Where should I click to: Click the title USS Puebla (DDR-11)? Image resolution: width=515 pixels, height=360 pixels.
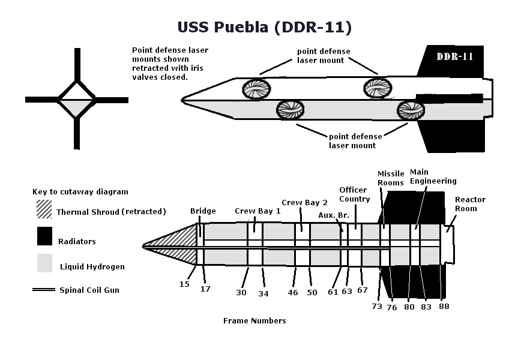click(264, 28)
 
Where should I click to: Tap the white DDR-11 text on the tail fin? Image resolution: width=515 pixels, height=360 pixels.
click(454, 57)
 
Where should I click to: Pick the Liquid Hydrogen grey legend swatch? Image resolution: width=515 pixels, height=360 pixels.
click(44, 263)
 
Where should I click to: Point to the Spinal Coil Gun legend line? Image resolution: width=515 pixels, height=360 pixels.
click(44, 290)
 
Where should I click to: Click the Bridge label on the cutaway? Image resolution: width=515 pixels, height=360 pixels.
click(203, 211)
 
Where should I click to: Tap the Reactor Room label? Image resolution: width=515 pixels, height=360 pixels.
click(470, 204)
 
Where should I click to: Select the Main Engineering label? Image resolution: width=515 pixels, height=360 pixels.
click(433, 176)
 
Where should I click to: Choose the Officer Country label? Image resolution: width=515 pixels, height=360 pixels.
click(355, 195)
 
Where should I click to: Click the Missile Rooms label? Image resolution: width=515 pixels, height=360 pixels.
click(391, 178)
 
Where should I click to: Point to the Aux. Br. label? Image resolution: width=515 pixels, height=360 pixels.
click(330, 215)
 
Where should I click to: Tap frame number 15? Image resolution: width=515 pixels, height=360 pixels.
click(184, 284)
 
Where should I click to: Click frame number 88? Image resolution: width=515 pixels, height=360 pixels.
click(444, 306)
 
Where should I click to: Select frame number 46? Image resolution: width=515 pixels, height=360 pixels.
click(292, 293)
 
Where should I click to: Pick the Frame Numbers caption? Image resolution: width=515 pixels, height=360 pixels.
click(254, 320)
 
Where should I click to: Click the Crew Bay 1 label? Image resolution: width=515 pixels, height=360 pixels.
click(257, 211)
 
